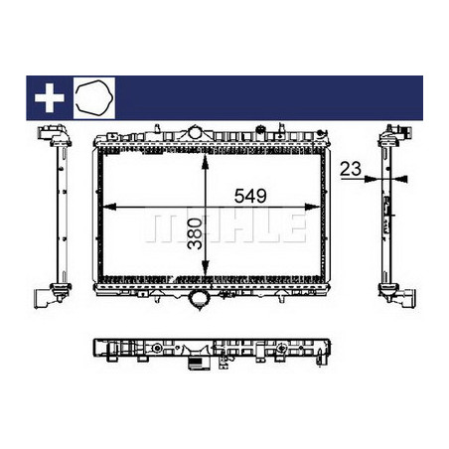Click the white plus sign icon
coord(50,97)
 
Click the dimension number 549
coord(250,196)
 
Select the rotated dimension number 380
coord(195,233)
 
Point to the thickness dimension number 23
coord(351,169)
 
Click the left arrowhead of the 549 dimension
coord(109,207)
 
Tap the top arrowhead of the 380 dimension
coord(206,162)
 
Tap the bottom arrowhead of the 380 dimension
coord(206,268)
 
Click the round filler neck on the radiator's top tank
coord(196,132)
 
